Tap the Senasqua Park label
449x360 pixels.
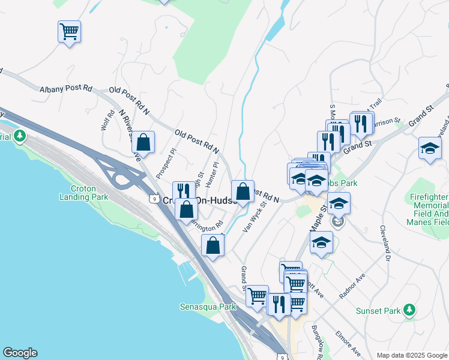tap(208, 307)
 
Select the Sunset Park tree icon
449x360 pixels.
tap(409, 310)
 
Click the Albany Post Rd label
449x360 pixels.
tap(66, 88)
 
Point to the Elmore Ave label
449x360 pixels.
tap(348, 343)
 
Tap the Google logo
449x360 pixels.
tap(20, 353)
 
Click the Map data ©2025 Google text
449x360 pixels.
tap(411, 355)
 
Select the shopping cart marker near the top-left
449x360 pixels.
tap(70, 31)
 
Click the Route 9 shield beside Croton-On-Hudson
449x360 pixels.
tap(154, 199)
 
